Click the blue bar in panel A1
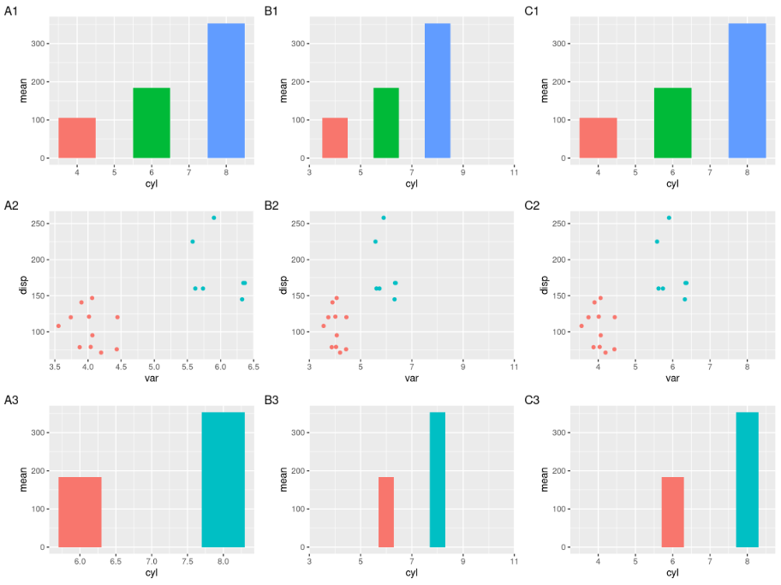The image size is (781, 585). [x=226, y=91]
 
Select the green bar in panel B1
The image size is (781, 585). [x=385, y=123]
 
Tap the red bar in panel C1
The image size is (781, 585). [x=598, y=138]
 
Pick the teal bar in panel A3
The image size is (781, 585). [x=223, y=480]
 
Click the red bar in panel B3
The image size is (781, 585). [x=386, y=512]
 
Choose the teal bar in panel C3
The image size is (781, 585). [x=747, y=480]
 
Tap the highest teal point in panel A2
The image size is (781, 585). [x=214, y=218]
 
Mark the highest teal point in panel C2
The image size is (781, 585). [x=669, y=218]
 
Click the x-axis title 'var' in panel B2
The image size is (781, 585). [x=411, y=379]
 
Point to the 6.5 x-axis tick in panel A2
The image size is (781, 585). [x=253, y=367]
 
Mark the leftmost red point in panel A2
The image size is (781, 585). [x=58, y=325]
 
